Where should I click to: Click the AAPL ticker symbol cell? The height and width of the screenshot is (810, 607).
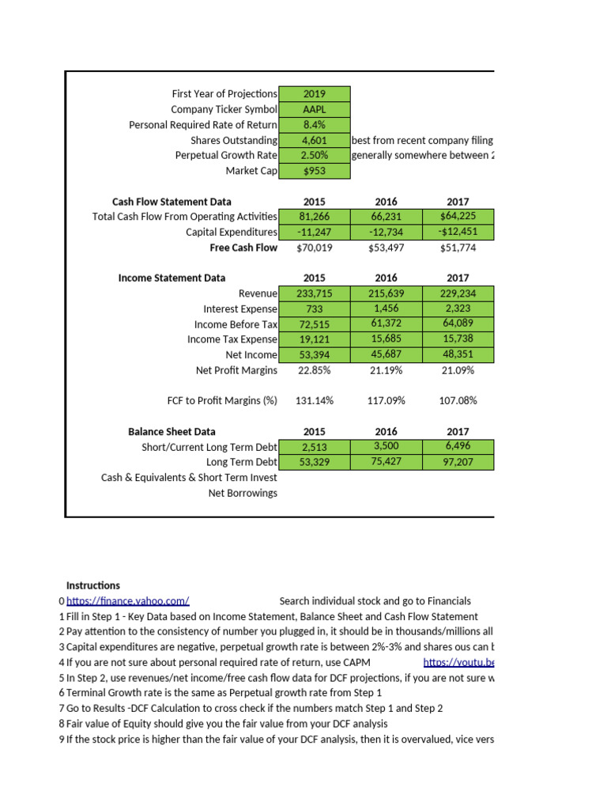(314, 109)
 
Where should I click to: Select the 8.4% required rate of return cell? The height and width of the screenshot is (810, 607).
(314, 125)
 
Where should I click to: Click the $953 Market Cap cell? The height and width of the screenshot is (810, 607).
(314, 171)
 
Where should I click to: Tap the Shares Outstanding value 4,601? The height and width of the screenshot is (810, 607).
(314, 140)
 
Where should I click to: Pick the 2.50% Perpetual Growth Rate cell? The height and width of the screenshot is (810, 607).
(314, 155)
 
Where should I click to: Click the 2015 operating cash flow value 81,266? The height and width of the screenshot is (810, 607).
(314, 217)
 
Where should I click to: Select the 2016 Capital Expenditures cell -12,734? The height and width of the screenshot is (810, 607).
(386, 232)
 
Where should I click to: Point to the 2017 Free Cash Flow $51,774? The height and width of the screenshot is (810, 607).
(458, 248)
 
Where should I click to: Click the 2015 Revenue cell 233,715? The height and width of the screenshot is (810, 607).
(314, 293)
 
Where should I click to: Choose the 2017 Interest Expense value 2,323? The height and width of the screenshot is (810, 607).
(458, 308)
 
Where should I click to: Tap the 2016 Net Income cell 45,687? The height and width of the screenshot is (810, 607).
(386, 354)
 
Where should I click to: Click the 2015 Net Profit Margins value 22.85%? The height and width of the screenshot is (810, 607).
(314, 370)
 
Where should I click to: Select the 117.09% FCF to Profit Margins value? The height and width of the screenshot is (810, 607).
(386, 400)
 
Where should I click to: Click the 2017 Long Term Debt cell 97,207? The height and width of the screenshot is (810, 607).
(458, 462)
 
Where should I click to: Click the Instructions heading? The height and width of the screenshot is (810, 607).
(93, 585)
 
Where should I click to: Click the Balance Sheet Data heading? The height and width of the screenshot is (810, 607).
(172, 432)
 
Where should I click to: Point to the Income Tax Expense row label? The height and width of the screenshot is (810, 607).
(232, 339)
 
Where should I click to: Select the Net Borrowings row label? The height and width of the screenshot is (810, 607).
(242, 493)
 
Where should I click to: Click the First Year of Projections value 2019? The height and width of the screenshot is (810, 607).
(314, 94)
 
